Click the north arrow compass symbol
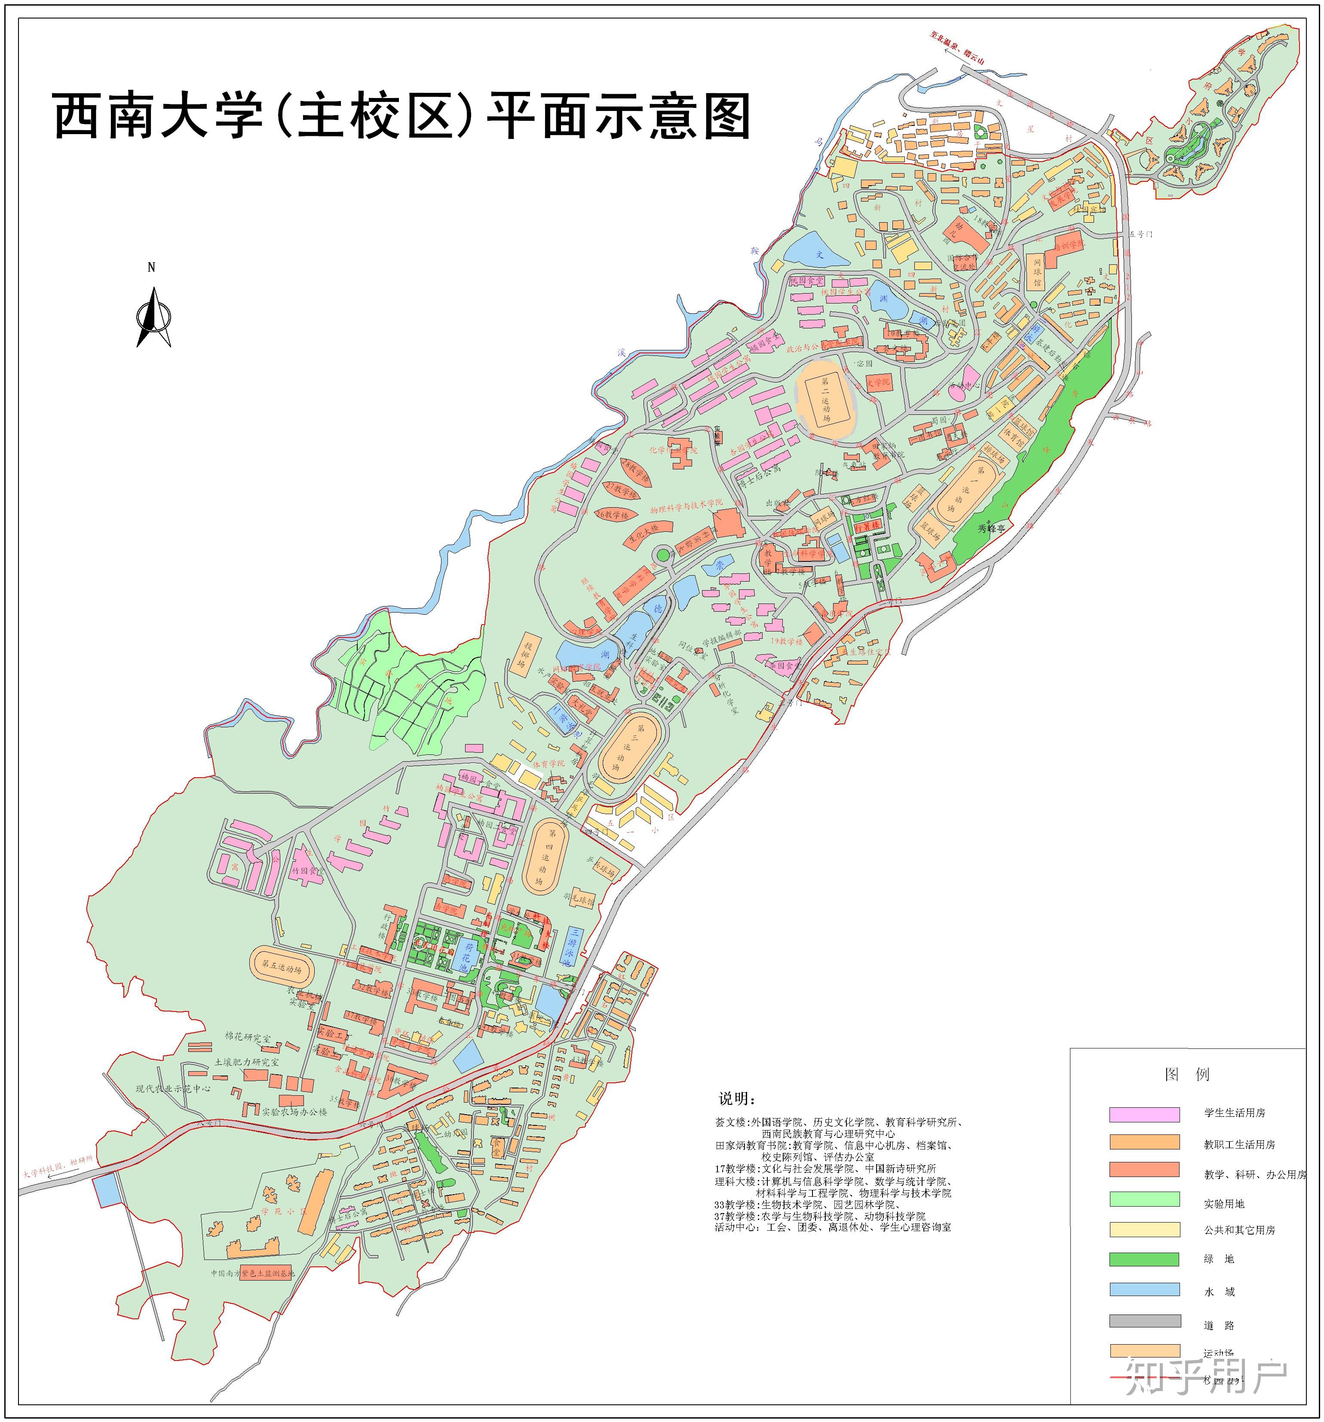point(153,316)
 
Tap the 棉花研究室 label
point(248,1037)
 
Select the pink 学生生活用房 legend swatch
point(1144,1114)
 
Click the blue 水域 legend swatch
point(1144,1289)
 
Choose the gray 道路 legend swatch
point(1144,1321)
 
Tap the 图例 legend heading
point(1187,1074)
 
